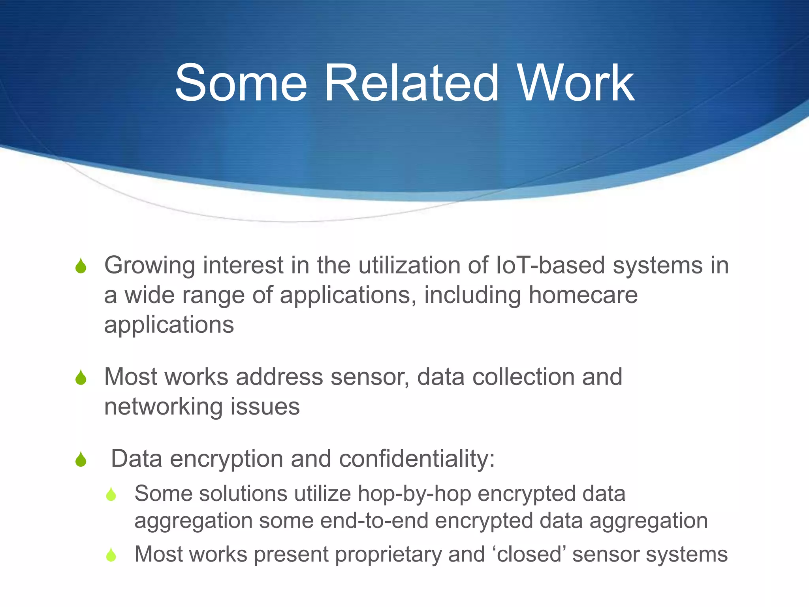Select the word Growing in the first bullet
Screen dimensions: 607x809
point(150,266)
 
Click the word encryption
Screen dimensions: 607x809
point(226,459)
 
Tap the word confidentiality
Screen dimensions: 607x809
point(417,459)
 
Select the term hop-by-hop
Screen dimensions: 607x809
point(414,494)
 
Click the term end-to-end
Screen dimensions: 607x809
point(374,520)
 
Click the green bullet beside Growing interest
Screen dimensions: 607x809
point(81,266)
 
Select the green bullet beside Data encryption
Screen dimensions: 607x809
point(81,459)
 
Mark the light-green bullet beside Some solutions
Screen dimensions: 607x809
point(111,494)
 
